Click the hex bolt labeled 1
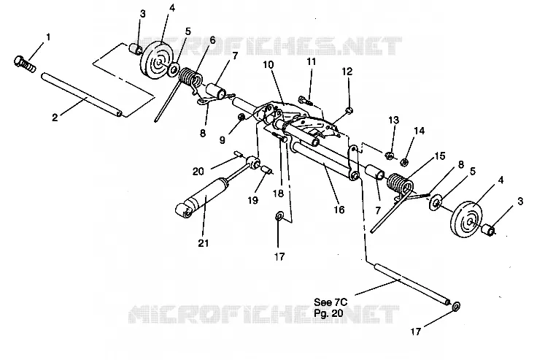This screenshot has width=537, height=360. click(25, 64)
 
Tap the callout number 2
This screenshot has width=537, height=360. click(55, 118)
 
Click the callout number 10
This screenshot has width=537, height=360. click(268, 65)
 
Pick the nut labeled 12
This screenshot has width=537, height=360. click(349, 110)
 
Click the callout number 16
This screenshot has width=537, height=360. click(339, 210)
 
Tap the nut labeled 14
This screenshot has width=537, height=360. click(404, 162)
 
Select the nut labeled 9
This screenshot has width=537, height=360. click(241, 118)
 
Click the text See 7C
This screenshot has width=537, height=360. click(331, 302)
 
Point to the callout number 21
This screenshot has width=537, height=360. click(204, 243)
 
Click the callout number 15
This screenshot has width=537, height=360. click(439, 156)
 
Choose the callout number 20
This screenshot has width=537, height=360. click(198, 171)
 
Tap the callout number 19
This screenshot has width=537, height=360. click(252, 200)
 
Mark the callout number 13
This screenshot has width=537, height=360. click(394, 120)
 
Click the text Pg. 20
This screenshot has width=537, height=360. click(328, 313)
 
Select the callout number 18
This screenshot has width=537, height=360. click(279, 194)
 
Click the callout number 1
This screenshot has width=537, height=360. click(48, 37)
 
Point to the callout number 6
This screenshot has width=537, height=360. click(212, 40)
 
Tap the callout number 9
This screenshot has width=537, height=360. click(223, 140)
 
